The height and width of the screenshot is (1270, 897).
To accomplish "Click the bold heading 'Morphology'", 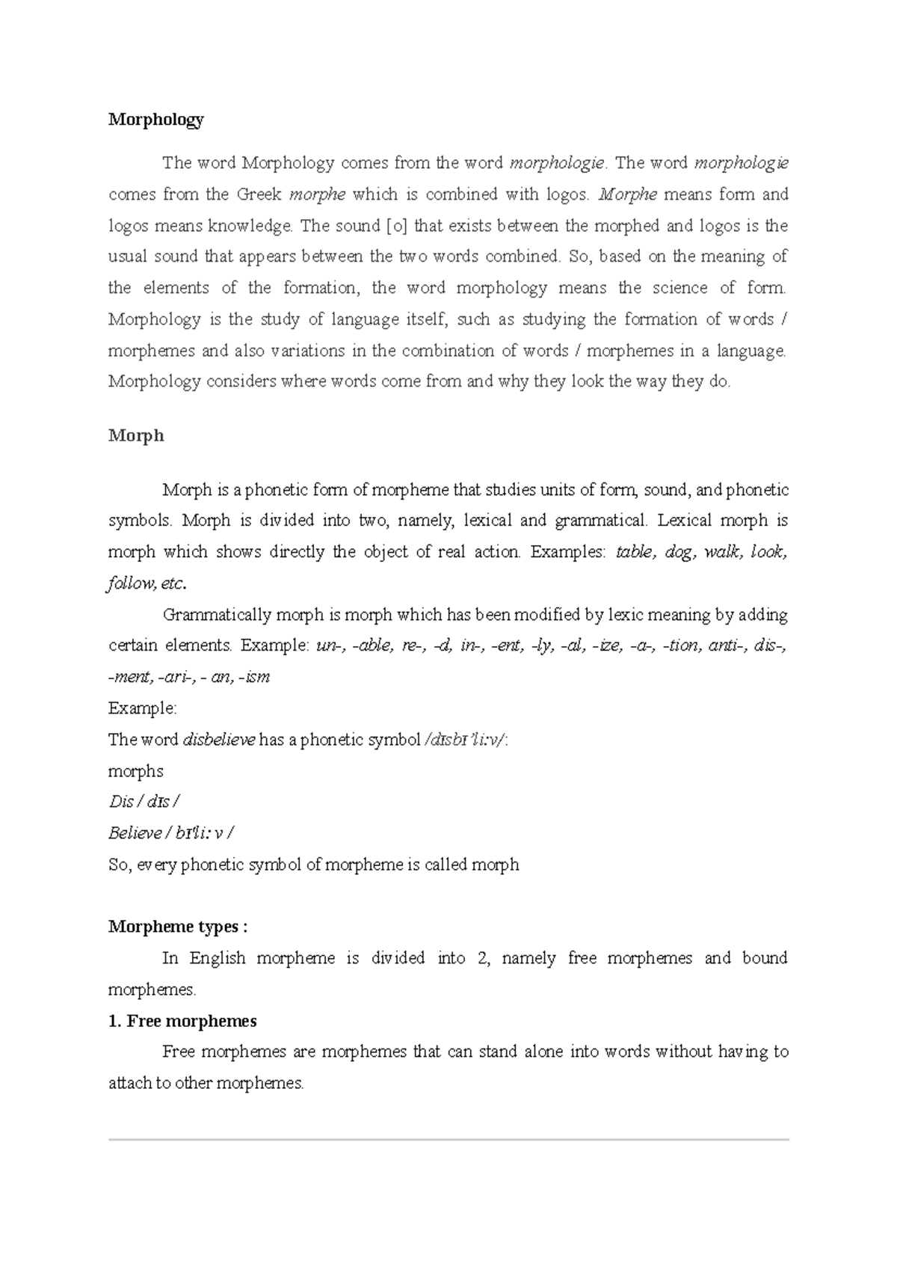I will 155,120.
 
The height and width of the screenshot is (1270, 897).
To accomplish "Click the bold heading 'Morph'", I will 135,435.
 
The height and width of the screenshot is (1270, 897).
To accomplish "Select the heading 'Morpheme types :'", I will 177,927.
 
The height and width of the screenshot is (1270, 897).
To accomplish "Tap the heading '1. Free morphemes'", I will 182,1021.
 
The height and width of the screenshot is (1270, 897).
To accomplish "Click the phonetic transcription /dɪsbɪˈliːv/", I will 465,740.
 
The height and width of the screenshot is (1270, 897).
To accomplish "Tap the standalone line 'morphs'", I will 135,771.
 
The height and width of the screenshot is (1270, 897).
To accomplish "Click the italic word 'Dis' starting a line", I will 120,803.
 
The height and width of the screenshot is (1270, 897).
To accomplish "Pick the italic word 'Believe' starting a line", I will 135,833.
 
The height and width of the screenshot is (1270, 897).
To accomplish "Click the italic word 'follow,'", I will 132,583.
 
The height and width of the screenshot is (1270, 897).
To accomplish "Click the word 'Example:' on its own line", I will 142,708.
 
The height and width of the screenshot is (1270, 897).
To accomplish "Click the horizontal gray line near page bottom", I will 449,1139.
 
